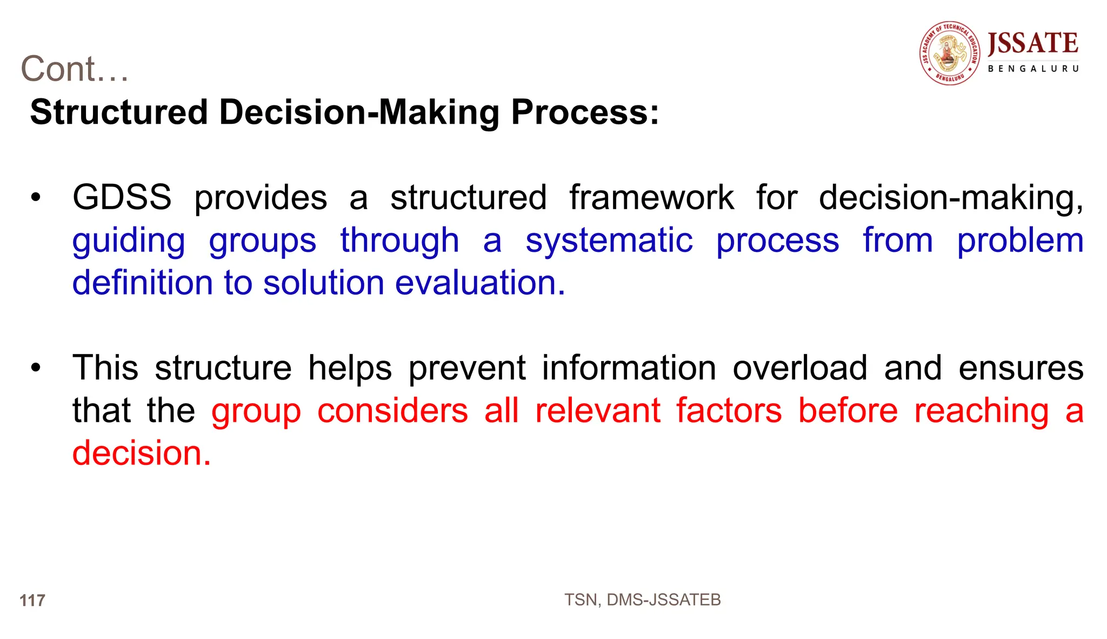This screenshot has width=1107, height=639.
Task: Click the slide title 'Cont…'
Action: click(x=75, y=69)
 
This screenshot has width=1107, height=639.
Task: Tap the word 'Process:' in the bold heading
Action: click(x=585, y=112)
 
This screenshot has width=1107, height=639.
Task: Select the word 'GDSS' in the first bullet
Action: click(x=122, y=197)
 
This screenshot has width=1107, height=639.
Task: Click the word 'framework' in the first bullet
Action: click(x=651, y=197)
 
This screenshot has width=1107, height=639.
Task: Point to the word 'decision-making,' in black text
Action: click(x=951, y=197)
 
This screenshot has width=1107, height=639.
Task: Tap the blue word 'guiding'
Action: click(x=129, y=241)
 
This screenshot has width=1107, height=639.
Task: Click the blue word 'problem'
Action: click(x=1020, y=241)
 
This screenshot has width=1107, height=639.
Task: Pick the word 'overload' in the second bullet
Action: click(x=799, y=368)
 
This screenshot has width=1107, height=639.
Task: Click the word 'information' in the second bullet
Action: click(x=629, y=368)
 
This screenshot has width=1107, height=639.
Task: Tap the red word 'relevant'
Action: click(x=597, y=411)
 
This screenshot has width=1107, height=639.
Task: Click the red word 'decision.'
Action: click(x=142, y=453)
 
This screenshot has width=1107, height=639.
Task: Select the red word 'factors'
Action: click(x=729, y=411)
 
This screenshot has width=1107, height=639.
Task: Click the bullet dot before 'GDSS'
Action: click(x=36, y=198)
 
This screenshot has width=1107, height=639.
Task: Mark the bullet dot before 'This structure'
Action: click(x=36, y=369)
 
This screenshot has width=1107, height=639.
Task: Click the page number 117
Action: click(x=32, y=601)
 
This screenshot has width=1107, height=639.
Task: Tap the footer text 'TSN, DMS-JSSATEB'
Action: click(x=642, y=600)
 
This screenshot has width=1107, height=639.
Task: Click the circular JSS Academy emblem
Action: click(x=950, y=53)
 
